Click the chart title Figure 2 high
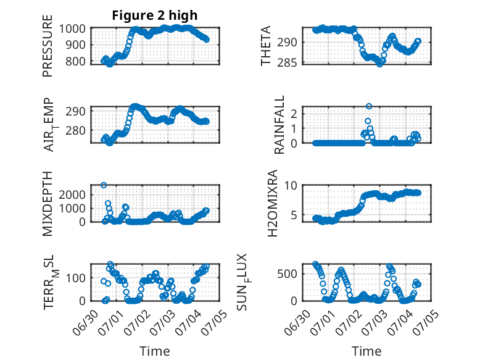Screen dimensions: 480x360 [x=155, y=15]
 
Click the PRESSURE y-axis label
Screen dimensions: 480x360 [x=48, y=46]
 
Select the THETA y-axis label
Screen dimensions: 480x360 [x=266, y=46]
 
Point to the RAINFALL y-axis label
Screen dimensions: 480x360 [x=279, y=125]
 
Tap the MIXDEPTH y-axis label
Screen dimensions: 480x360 [x=48, y=203]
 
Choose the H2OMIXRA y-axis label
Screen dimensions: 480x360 [x=272, y=203]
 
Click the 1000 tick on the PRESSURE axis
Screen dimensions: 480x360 [x=72, y=28]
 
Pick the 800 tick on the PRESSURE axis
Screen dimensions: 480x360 [x=75, y=61]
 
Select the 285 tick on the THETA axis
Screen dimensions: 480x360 [x=287, y=63]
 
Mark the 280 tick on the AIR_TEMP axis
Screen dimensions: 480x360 [x=75, y=130]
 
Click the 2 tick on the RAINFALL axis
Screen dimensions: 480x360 [x=294, y=114]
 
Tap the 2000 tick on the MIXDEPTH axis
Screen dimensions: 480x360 [x=72, y=195]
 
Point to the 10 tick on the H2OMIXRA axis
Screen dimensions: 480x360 [x=291, y=185]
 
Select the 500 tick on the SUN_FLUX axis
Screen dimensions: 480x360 [x=287, y=274]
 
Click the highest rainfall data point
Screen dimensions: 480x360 [x=369, y=106]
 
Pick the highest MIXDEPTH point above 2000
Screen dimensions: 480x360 [x=104, y=185]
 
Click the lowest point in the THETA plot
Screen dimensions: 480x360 [x=380, y=64]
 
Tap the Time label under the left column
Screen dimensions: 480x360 [x=155, y=351]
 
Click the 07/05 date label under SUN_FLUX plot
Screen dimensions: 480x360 [x=428, y=320]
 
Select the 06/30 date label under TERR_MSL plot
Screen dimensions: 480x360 [x=86, y=322]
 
